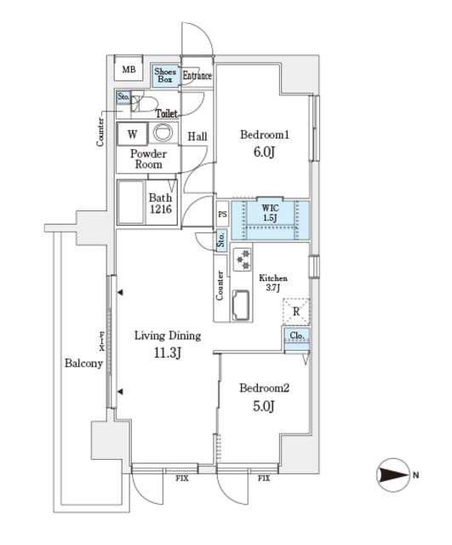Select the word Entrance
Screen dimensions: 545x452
(x=197, y=76)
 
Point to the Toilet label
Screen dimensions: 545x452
(x=166, y=112)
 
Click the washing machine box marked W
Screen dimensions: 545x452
(x=132, y=133)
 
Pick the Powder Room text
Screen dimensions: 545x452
(x=148, y=159)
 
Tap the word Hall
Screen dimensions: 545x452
(x=197, y=136)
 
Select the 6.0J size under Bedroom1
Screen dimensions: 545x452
(x=263, y=152)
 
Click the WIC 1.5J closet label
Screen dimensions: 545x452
(x=270, y=213)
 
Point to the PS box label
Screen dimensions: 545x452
(x=221, y=215)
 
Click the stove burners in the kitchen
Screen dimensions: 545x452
(x=241, y=259)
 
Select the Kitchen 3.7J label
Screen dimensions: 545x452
(x=272, y=284)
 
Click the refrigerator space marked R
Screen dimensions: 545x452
(x=295, y=312)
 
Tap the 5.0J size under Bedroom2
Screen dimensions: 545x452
(x=263, y=406)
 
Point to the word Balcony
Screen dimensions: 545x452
(x=83, y=364)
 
